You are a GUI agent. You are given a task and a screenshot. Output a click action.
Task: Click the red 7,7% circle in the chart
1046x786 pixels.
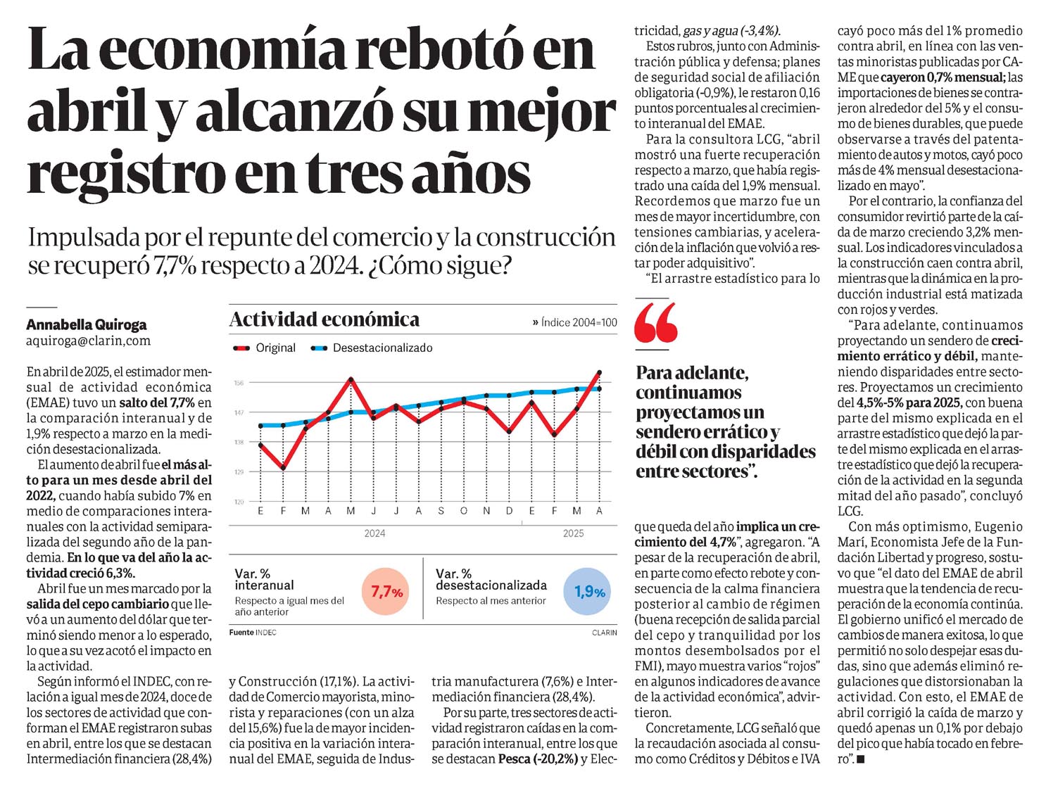coord(385,592)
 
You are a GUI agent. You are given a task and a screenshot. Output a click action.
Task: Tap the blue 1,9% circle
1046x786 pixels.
coord(586,592)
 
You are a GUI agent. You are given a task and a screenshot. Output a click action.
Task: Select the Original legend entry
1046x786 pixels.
coord(265,348)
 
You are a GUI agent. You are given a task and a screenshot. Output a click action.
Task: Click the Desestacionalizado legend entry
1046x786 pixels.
coord(371,348)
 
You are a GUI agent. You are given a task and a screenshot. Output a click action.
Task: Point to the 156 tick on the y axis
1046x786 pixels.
coord(239,383)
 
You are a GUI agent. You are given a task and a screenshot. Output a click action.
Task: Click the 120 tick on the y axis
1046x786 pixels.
coord(239,502)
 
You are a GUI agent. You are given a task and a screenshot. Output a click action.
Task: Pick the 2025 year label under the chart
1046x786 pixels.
coord(573,533)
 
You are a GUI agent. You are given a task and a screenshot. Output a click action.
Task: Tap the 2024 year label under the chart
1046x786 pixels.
coord(374,533)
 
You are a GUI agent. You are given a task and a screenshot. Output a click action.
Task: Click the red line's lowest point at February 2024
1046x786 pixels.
coord(283,468)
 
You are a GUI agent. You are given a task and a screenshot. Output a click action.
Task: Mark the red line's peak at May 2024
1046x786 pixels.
coord(351,379)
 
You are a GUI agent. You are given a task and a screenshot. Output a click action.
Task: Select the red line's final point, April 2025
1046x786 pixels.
coord(599,372)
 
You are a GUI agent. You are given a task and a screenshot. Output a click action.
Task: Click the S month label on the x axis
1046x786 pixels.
coord(441,511)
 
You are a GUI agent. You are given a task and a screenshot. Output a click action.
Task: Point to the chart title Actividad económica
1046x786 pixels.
coord(324,319)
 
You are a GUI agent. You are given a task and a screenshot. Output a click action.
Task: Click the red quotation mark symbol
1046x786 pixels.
coord(656,322)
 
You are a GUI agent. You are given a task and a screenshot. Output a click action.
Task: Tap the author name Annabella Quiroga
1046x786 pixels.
coord(87,325)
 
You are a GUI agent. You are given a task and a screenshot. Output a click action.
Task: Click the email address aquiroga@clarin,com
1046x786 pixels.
coord(89,341)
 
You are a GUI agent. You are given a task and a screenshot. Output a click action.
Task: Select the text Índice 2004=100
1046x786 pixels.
coord(579,322)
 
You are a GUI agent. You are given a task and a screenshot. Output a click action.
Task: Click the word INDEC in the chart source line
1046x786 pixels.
coord(266,633)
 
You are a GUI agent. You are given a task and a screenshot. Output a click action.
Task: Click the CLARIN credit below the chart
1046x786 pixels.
coord(605,633)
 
